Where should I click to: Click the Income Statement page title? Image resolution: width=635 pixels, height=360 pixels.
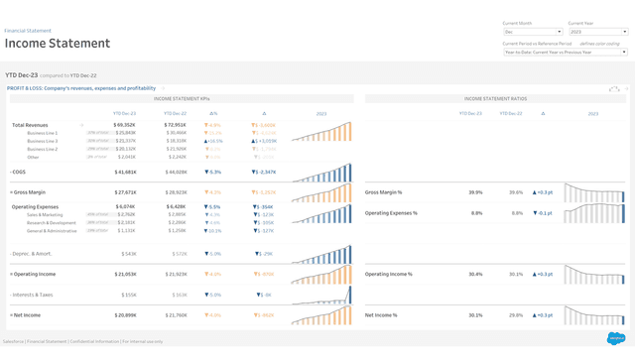[x=58, y=43]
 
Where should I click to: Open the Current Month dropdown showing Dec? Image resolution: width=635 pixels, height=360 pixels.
[x=533, y=32]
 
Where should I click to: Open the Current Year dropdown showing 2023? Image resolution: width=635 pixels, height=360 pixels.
[x=596, y=32]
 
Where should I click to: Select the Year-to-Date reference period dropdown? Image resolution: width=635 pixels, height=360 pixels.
[x=565, y=52]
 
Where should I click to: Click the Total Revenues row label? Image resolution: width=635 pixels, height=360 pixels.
[x=30, y=125]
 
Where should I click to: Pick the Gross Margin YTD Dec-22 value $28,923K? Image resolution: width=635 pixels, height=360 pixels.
[x=175, y=192]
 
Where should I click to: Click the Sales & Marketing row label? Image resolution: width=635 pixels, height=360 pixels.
[x=45, y=214]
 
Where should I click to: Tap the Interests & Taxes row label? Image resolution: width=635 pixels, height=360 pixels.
[x=33, y=295]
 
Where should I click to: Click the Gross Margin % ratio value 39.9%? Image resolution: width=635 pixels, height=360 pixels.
[x=475, y=192]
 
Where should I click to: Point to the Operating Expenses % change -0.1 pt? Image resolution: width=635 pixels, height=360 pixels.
[x=543, y=212]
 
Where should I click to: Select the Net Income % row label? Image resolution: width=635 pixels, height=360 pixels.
[x=383, y=314]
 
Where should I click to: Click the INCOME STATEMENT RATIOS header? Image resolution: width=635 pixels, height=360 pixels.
[x=495, y=99]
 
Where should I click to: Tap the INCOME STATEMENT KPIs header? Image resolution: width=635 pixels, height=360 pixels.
[x=184, y=99]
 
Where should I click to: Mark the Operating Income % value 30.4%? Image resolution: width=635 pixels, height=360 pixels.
[x=475, y=274]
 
